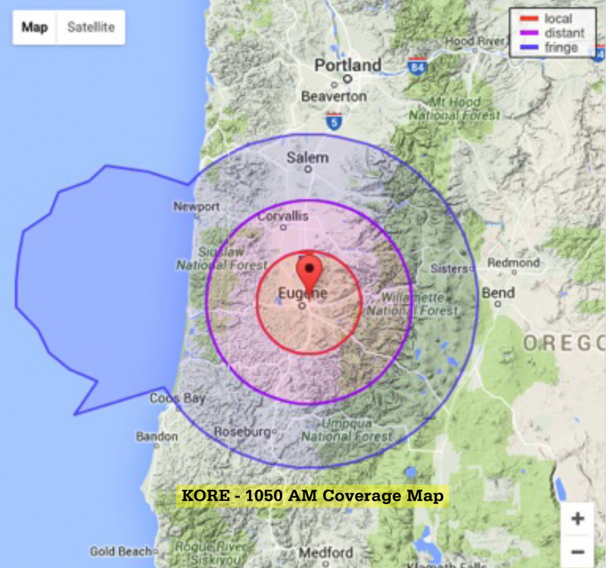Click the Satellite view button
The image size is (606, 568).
[91, 27]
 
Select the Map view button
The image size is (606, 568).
[34, 27]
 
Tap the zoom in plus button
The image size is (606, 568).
[577, 519]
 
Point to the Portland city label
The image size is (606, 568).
[347, 64]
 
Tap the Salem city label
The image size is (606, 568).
[307, 157]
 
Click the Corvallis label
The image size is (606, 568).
[283, 216]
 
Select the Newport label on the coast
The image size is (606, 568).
[196, 206]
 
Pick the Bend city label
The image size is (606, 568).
[498, 293]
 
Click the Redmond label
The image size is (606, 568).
[514, 263]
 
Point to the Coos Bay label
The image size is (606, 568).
[177, 398]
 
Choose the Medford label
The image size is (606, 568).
[325, 553]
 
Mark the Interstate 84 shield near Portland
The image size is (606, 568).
[418, 66]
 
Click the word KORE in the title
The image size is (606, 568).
[204, 495]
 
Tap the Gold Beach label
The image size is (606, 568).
[120, 551]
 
